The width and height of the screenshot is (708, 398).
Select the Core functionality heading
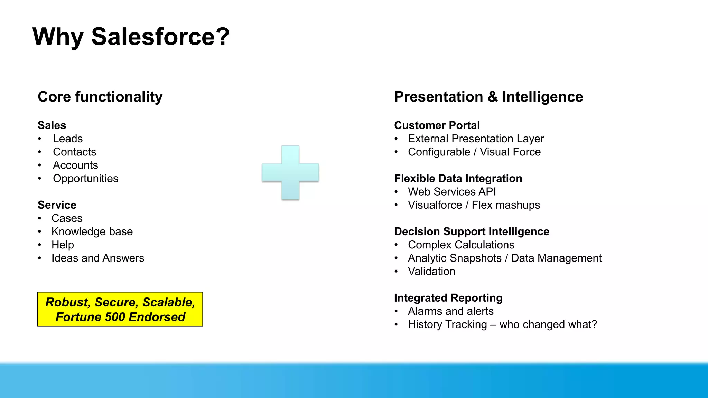[100, 97]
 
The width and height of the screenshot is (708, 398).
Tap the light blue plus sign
[290, 172]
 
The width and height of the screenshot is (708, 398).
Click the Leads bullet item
[68, 139]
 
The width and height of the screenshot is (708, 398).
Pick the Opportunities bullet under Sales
[85, 178]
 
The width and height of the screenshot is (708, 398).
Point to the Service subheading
[57, 205]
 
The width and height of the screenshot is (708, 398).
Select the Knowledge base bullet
[92, 231]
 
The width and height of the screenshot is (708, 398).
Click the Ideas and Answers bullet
[98, 258]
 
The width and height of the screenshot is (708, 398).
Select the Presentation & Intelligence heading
[488, 97]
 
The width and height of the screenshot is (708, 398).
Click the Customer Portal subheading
[437, 125]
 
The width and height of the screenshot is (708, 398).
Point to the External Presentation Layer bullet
[476, 139]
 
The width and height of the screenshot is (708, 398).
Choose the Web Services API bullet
[452, 192]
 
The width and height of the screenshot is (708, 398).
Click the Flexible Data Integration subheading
[458, 178]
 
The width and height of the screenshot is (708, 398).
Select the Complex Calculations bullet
[461, 245]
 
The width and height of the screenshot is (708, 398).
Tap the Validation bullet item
[431, 271]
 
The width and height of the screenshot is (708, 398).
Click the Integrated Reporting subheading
[448, 298]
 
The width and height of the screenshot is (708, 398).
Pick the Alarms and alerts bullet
[450, 311]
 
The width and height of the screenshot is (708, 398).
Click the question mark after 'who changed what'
[594, 324]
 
